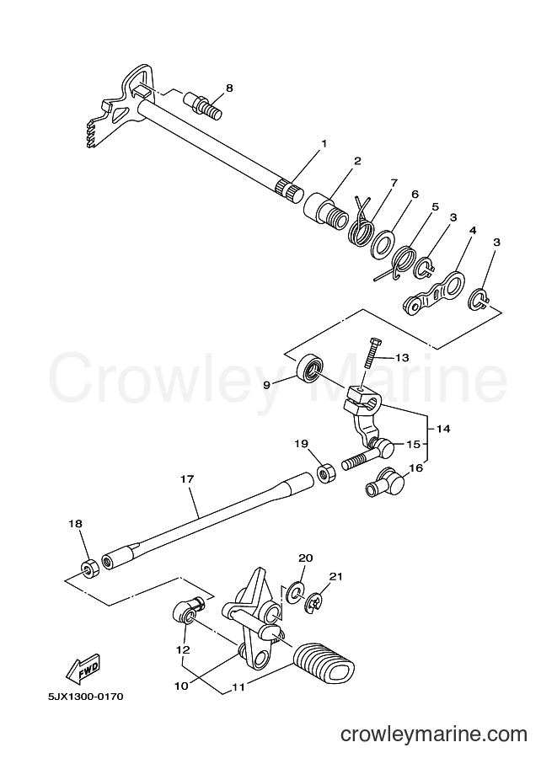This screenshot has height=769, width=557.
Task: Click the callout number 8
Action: click(x=228, y=88)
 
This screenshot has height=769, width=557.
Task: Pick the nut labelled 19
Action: click(x=325, y=473)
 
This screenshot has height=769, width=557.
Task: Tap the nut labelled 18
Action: click(x=89, y=568)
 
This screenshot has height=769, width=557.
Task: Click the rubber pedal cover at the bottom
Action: click(x=324, y=660)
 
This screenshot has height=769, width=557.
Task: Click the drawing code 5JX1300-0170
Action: click(x=85, y=697)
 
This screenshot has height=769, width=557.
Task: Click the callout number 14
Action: click(x=442, y=429)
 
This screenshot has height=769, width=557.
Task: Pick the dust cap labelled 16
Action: click(x=383, y=481)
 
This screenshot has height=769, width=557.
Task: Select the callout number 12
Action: click(x=184, y=650)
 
